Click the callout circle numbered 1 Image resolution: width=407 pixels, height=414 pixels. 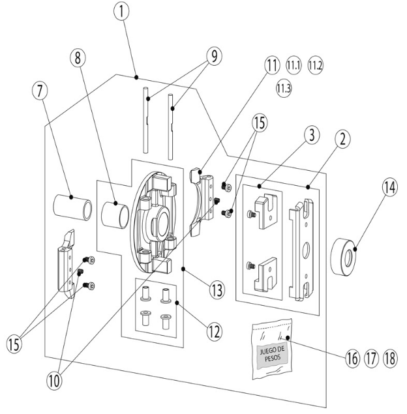click(122, 12)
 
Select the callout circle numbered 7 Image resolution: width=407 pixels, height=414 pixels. click(40, 91)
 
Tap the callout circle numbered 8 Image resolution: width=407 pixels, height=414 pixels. click(78, 57)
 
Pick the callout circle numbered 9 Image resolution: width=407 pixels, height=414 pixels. click(214, 56)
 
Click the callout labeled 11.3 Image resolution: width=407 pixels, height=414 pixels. click(284, 88)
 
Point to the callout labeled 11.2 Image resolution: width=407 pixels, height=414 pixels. click(315, 65)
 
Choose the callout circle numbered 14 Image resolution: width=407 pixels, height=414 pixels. click(390, 188)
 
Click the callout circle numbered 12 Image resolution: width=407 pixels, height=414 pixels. click(214, 331)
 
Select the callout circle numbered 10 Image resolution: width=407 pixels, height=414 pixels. click(54, 381)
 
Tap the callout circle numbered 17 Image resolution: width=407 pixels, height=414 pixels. click(371, 359)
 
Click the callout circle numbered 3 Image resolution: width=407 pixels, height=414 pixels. click(312, 135)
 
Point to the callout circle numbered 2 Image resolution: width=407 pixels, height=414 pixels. click(342, 139)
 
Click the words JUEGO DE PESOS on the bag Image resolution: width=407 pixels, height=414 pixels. click(272, 354)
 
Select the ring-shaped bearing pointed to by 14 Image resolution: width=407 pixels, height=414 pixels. click(343, 257)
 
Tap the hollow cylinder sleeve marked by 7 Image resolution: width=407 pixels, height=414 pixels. click(73, 207)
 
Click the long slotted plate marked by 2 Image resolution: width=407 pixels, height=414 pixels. click(302, 250)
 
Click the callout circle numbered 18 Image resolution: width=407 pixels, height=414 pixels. click(390, 359)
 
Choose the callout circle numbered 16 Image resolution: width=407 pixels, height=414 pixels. click(352, 359)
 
